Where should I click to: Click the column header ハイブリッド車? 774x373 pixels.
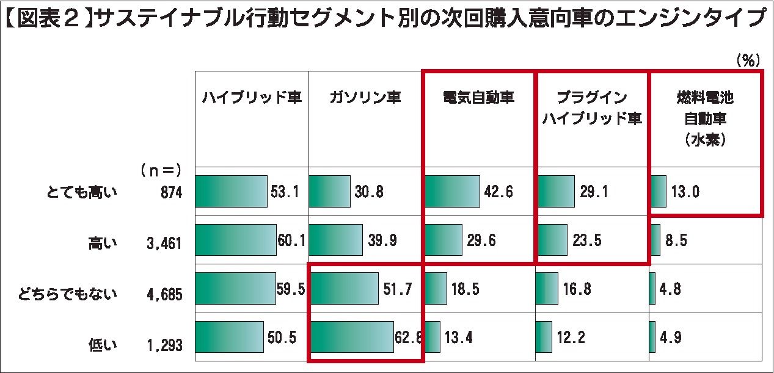coord(252,98)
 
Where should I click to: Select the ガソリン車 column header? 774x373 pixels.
coord(365,98)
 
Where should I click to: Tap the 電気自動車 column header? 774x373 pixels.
coord(478,98)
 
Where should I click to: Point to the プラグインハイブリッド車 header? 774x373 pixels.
coord(592,108)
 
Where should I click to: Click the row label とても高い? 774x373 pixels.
coord(82,192)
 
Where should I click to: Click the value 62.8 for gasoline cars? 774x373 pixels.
coord(409,337)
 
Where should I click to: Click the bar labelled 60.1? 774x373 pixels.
coord(235,240)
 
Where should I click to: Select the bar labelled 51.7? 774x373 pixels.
coord(344,289)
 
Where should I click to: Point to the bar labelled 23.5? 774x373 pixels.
coord(552,240)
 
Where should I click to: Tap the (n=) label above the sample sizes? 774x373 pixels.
coord(161,169)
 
